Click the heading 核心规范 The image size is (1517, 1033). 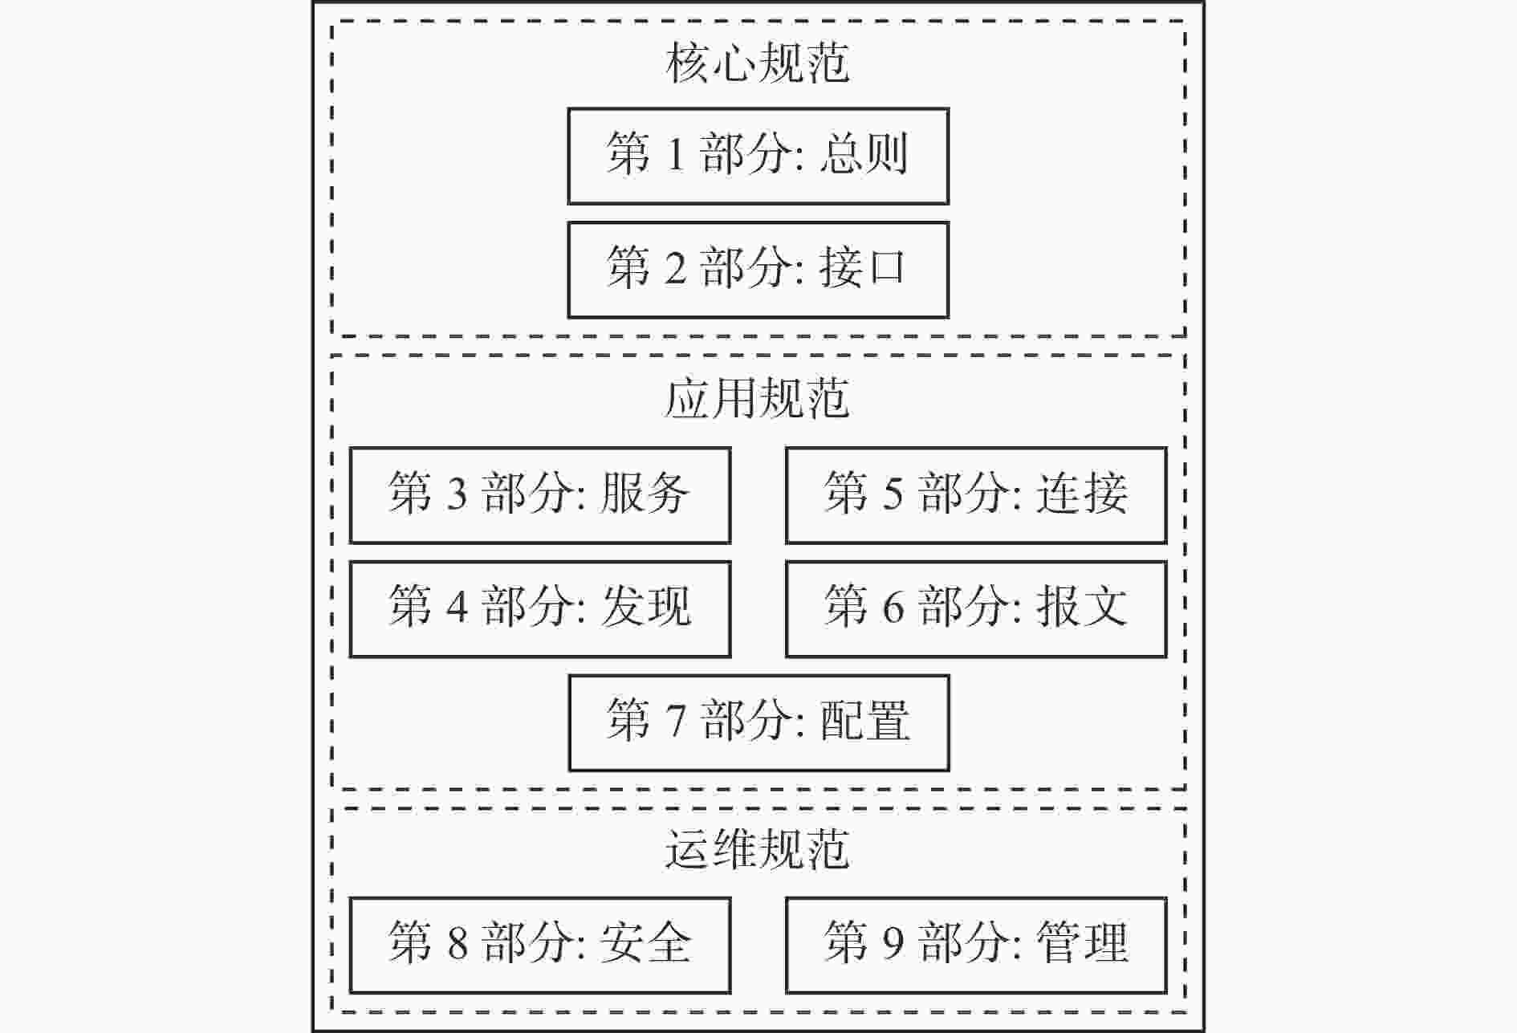[758, 63]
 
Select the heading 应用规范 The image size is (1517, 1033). [758, 398]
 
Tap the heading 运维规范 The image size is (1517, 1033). [758, 848]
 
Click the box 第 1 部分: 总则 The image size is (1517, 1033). [758, 156]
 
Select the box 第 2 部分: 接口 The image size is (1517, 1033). [758, 270]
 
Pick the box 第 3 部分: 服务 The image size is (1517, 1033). [540, 495]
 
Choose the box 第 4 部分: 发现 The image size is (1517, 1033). [540, 609]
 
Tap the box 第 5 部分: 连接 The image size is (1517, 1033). [976, 495]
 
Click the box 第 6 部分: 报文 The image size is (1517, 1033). [976, 609]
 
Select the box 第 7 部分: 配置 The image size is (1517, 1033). [759, 722]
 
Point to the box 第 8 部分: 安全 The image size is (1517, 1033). [540, 946]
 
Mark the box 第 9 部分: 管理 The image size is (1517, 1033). [976, 946]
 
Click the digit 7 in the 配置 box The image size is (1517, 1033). [676, 719]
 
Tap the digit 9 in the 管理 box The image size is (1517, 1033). [893, 942]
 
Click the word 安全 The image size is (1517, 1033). [645, 942]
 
